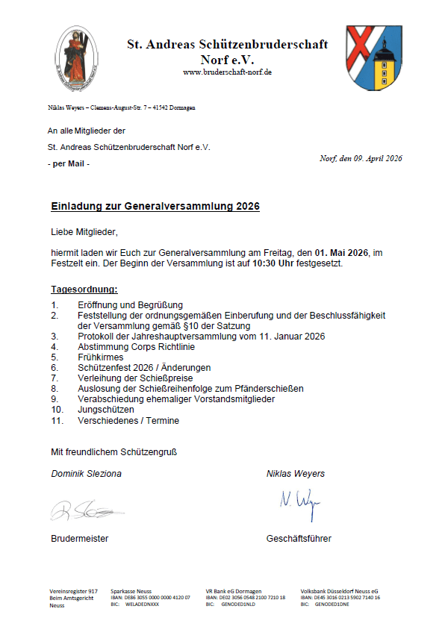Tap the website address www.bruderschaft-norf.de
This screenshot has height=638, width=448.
(x=227, y=72)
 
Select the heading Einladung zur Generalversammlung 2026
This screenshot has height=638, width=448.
(x=155, y=206)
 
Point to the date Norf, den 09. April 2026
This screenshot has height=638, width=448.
(x=360, y=158)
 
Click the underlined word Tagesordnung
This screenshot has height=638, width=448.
(x=84, y=289)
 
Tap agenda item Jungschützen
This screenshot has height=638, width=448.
(x=106, y=410)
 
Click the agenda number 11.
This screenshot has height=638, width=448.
(x=57, y=420)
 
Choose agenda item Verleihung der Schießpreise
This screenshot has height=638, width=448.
(x=135, y=378)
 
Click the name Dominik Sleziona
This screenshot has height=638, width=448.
(x=86, y=474)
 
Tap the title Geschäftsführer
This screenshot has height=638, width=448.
(x=299, y=538)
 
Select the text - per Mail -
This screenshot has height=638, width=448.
(x=68, y=163)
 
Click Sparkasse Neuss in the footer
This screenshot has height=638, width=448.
(x=131, y=590)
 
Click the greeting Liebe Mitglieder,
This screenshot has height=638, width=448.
(x=84, y=232)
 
